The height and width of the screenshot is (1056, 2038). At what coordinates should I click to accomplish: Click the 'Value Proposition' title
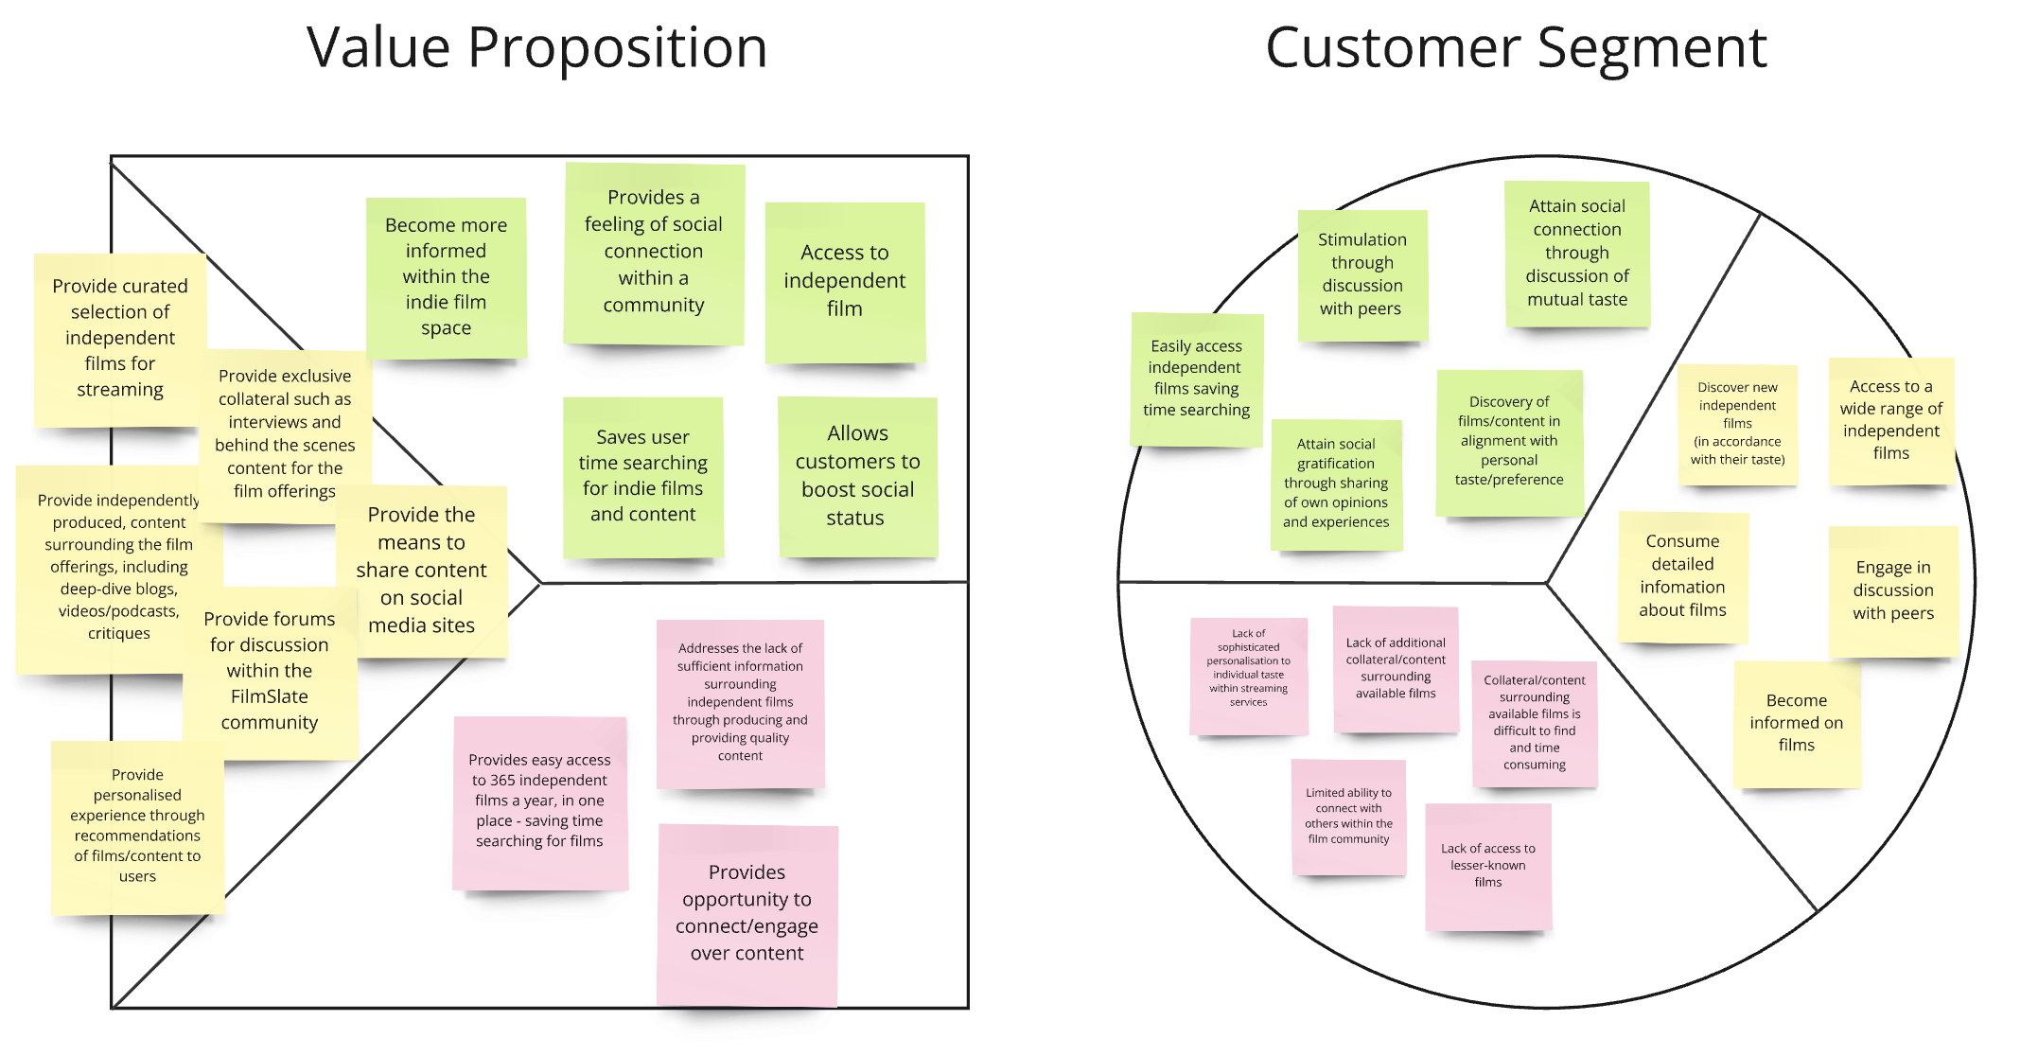click(x=536, y=47)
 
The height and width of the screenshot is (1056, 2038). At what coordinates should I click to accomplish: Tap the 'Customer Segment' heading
click(x=1516, y=47)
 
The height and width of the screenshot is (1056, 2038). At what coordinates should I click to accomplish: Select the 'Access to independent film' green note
click(x=844, y=281)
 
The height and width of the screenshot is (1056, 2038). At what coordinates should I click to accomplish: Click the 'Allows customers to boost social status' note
click(x=857, y=476)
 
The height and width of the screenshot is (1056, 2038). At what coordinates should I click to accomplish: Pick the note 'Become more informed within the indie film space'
click(x=446, y=276)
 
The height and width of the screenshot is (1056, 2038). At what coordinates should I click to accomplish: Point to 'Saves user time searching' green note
click(x=643, y=476)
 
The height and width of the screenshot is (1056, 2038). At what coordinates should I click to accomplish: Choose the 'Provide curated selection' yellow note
click(x=120, y=338)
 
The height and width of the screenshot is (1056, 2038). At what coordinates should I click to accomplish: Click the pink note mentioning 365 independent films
click(x=539, y=801)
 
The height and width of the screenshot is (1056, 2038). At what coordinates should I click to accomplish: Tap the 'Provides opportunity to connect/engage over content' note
click(x=747, y=913)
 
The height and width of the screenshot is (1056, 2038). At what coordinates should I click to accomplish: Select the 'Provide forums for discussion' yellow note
click(x=270, y=671)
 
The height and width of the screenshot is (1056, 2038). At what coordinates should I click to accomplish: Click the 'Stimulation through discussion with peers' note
click(x=1362, y=274)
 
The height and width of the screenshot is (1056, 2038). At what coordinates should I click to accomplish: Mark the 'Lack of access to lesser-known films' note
click(x=1487, y=865)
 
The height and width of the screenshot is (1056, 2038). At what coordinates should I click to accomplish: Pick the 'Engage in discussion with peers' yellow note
click(x=1892, y=590)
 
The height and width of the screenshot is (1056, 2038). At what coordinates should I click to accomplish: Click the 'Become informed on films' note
click(x=1796, y=723)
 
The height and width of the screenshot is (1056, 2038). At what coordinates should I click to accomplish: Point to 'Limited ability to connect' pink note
click(x=1348, y=816)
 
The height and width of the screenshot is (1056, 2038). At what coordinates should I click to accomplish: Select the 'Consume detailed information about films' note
click(x=1682, y=576)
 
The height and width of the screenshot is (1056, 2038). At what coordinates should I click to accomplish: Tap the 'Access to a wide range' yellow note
click(x=1890, y=420)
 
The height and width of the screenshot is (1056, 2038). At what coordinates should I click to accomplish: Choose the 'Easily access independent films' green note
click(x=1196, y=378)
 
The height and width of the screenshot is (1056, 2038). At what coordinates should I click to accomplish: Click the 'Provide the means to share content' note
click(x=421, y=571)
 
